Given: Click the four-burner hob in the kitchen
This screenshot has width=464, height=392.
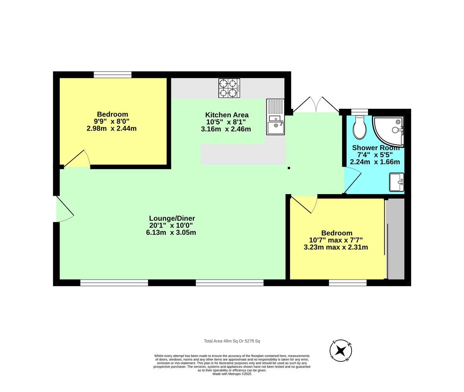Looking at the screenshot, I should (229, 88).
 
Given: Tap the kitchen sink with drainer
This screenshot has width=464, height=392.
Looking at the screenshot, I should (275, 117).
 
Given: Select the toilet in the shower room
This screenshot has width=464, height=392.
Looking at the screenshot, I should (360, 127).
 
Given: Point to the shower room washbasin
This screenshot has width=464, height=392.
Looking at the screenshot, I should (396, 182).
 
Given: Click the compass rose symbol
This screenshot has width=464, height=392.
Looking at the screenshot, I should (341, 351).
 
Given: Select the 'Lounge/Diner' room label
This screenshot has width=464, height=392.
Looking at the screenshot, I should (172, 218).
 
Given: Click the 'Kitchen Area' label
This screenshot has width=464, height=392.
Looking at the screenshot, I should (227, 115).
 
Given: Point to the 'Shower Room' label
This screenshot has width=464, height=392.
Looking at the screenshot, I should (375, 148).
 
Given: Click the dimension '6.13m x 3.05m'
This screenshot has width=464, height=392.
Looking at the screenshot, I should (171, 233).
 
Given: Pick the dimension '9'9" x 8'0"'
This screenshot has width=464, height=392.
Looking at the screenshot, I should (112, 122).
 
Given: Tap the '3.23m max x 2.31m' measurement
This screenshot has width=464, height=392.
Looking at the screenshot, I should (336, 247).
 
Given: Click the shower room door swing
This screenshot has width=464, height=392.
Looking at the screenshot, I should (352, 181).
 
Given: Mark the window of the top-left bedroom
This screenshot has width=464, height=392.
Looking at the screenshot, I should (113, 74).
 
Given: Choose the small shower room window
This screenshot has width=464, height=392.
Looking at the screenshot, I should (359, 112).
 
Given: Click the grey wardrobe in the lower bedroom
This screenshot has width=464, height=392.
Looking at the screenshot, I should (395, 239).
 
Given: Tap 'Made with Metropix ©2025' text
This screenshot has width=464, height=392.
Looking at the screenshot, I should (232, 374).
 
